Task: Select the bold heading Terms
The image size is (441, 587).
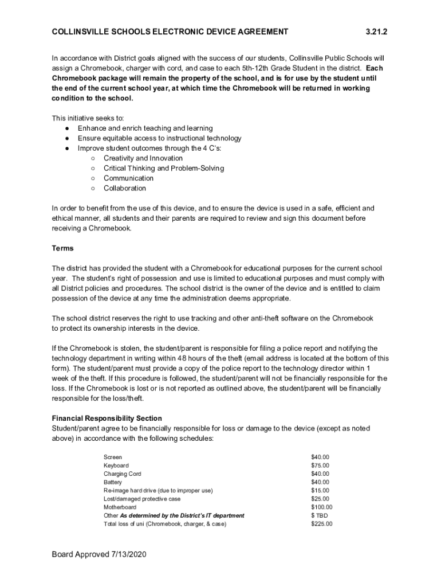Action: point(62,248)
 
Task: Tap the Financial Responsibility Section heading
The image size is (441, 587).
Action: point(107,418)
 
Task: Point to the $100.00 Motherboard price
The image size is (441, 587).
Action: point(321,507)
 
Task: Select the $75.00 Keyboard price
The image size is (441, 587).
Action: point(320,465)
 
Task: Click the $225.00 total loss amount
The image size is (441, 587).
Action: point(321,524)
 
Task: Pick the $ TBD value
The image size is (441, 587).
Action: point(319,515)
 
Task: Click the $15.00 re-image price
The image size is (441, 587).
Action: point(320,491)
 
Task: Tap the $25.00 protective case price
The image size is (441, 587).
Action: point(320,499)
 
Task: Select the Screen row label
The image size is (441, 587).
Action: point(112,457)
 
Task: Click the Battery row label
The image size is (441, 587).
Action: point(112,482)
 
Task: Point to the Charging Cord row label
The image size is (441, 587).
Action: point(122,474)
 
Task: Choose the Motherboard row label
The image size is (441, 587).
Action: point(120,507)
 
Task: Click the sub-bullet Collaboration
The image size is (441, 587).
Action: point(124,188)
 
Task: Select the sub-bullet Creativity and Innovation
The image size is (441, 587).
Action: point(143,158)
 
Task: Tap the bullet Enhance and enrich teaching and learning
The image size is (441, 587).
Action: point(145,128)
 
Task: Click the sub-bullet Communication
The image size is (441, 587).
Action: point(128,178)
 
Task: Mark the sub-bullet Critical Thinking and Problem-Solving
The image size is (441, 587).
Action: point(163,168)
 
